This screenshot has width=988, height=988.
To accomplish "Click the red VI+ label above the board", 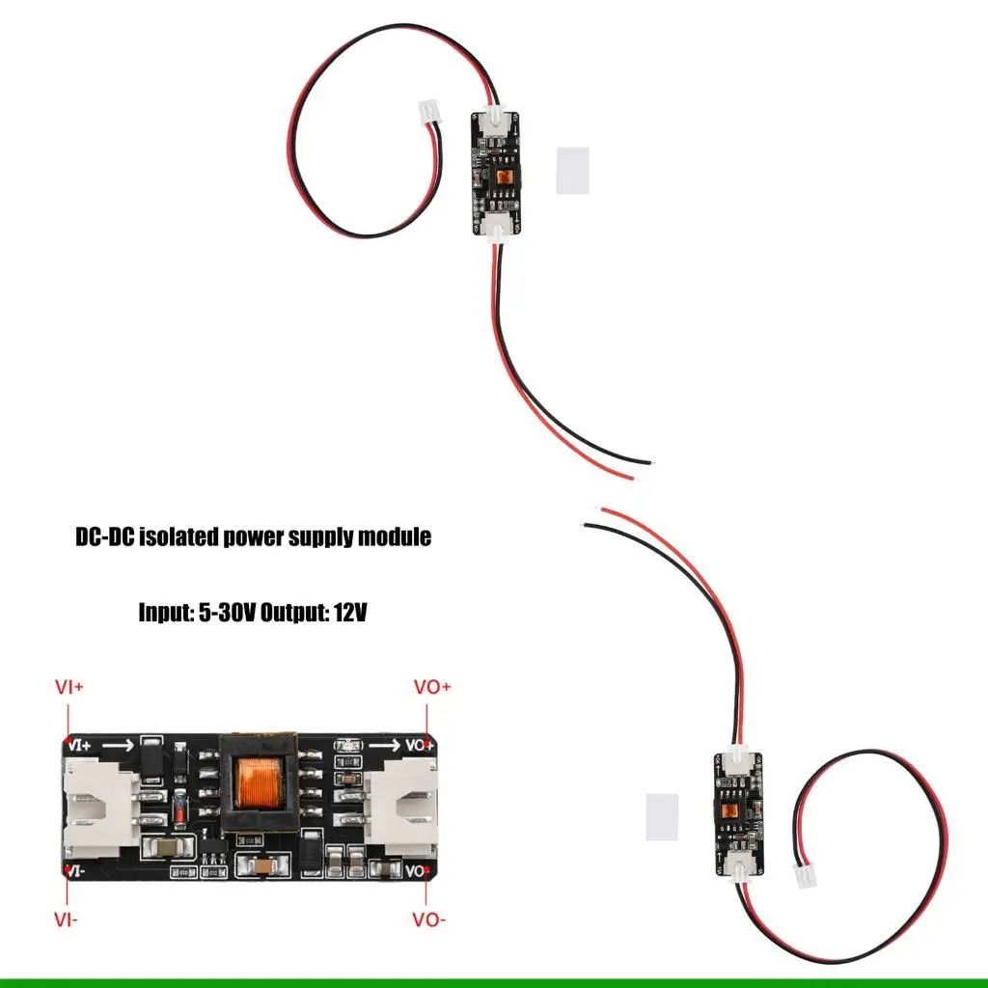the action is pos(69,688).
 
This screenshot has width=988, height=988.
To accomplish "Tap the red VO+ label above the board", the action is pos(432,688).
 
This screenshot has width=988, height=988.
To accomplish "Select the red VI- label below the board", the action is pos(67,919).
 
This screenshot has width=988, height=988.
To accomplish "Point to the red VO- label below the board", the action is pos(429,919).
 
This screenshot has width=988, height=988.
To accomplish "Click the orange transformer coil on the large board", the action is pos(258,784).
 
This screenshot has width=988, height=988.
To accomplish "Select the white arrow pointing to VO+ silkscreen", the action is pos(384,746).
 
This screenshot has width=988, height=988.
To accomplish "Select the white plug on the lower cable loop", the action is pos(805,875).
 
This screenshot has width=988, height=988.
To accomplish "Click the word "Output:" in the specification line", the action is pos(294,612).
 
